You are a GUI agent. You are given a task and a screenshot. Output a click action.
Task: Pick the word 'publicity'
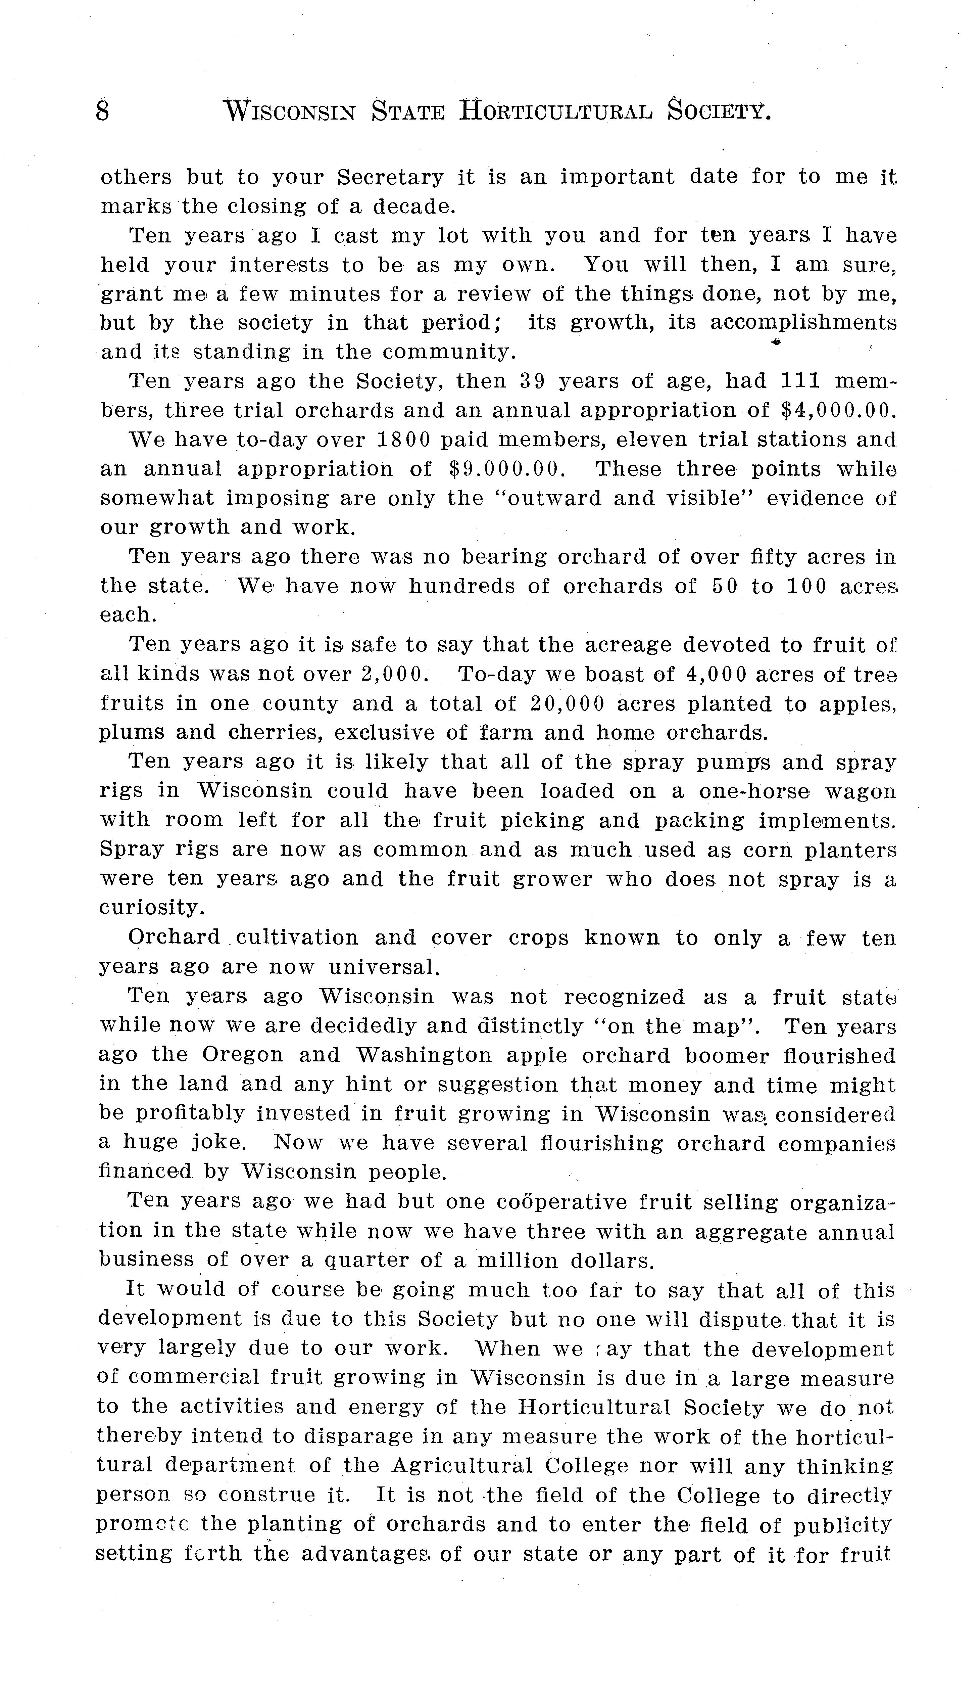click(x=842, y=1524)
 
